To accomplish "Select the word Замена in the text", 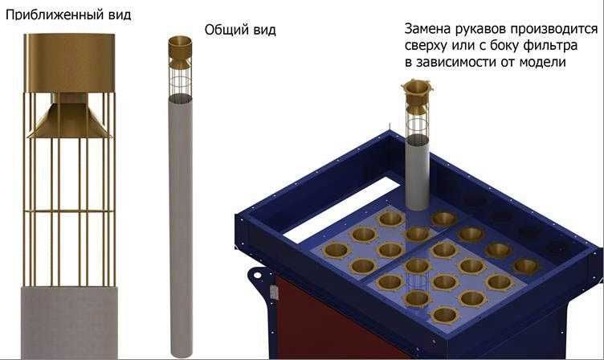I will (431, 30).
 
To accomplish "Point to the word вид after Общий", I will (263, 30).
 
